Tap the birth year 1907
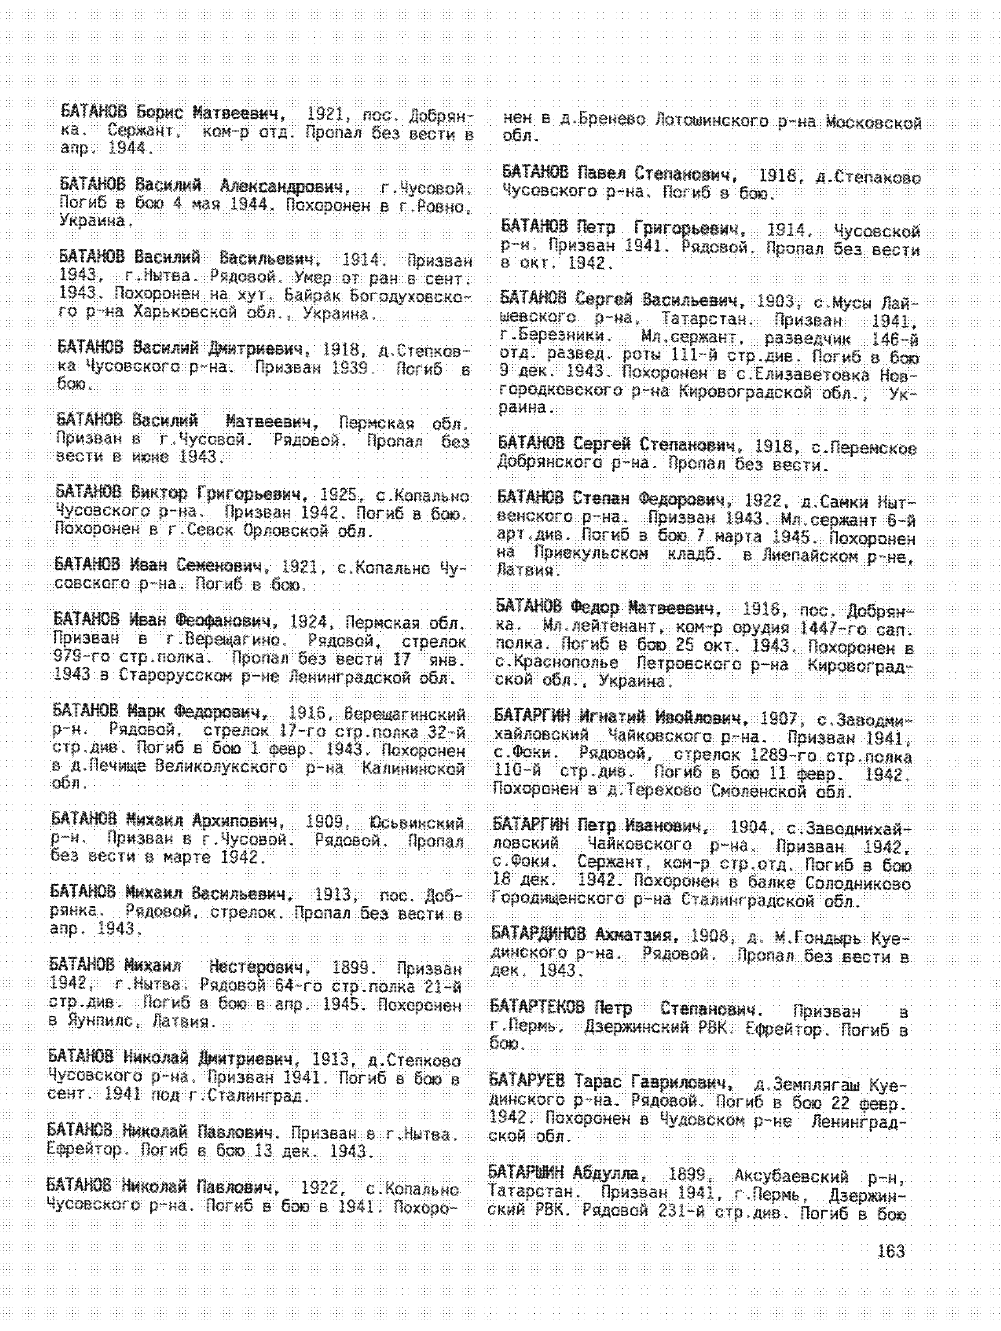779,719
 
